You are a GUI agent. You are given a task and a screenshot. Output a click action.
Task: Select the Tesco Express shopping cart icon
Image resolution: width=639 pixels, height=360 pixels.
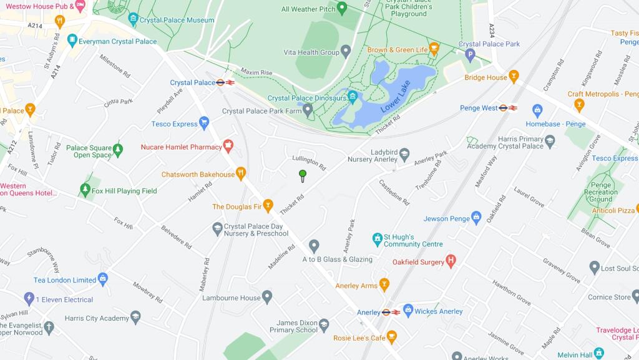point(203,124)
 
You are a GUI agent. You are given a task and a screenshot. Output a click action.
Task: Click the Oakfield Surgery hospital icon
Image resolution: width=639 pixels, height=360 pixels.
point(451,262)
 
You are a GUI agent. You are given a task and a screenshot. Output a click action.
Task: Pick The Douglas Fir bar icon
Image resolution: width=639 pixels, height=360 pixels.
point(268,206)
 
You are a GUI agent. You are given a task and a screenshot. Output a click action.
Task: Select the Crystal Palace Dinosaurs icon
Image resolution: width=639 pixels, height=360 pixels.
point(353,98)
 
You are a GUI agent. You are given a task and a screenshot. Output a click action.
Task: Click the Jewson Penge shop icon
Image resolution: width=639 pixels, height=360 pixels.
point(476,218)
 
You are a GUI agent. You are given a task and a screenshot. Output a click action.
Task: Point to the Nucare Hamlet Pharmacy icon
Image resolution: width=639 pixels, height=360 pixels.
point(228,147)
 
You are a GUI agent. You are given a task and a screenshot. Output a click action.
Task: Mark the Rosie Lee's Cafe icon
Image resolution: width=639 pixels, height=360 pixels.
point(392,338)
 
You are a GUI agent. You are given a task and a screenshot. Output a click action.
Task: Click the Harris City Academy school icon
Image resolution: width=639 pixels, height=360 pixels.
point(135,318)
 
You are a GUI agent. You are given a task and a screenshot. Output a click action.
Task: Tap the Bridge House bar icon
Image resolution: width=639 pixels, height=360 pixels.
point(514,77)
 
